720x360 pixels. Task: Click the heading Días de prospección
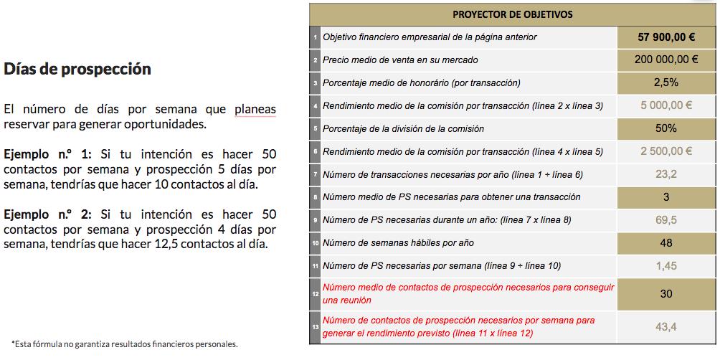(77, 70)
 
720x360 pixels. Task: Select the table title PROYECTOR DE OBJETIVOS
(511, 14)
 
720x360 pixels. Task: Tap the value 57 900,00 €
(666, 37)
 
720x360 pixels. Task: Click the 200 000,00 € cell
(666, 60)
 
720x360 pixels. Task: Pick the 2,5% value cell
(666, 82)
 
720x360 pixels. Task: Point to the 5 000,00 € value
(666, 105)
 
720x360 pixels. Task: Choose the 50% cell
(666, 128)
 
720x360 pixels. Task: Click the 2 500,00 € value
(666, 151)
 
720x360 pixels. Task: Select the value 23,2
(666, 174)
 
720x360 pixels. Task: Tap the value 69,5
(666, 220)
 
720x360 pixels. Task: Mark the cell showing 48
(666, 243)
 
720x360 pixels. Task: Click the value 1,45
(666, 266)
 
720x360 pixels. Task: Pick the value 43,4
(666, 327)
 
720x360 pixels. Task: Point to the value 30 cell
(666, 294)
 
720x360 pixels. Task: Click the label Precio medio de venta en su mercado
(400, 60)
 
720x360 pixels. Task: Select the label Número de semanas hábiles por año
(398, 243)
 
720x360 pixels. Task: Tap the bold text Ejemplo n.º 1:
(47, 154)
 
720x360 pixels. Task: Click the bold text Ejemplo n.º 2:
(47, 214)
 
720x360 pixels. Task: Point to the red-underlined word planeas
(255, 110)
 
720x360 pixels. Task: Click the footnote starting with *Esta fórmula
(124, 344)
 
